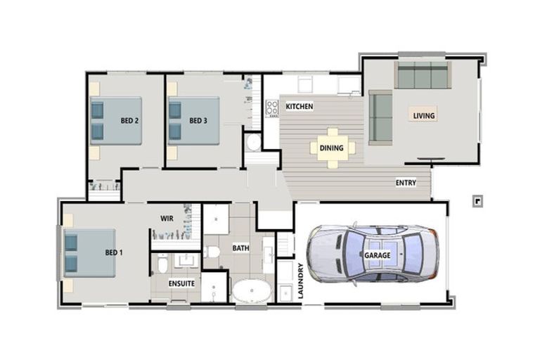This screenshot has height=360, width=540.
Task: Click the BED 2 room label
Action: coord(129,120)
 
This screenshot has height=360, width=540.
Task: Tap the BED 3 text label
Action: coord(198,120)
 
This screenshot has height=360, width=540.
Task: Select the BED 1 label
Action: coord(114,252)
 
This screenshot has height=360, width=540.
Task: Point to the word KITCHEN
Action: coord(299,106)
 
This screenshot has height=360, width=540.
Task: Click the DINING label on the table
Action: coord(332,148)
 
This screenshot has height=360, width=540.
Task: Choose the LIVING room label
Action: coord(423,115)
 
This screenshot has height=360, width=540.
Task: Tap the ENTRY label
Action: coord(406,183)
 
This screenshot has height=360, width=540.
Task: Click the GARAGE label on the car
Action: coord(377,255)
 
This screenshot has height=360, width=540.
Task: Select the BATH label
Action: coord(241,248)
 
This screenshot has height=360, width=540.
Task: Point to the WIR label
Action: coord(167,219)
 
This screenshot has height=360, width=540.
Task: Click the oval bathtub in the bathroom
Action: coord(252,292)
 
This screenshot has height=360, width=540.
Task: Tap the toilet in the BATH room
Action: coord(213,251)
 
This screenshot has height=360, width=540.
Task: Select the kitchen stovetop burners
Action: coord(271,109)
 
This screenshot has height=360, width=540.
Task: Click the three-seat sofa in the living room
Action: coord(423,75)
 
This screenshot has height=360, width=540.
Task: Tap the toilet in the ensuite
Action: coord(162,264)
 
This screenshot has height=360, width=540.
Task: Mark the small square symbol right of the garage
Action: coord(477,201)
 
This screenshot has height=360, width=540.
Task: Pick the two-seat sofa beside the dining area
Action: coord(381,116)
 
